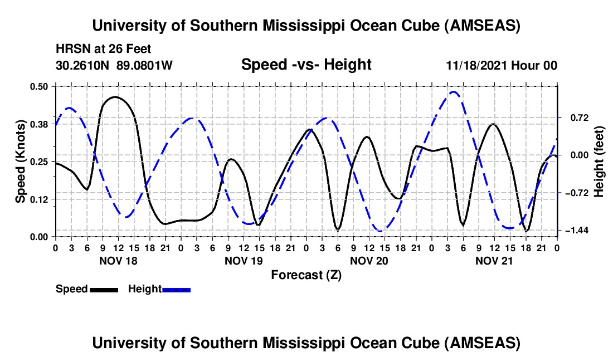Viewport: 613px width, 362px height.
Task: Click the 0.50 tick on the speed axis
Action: [x=40, y=86]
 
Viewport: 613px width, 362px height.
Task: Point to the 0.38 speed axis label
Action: [x=40, y=124]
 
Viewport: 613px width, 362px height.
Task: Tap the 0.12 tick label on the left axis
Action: [x=40, y=199]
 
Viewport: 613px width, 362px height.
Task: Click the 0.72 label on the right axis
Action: [x=576, y=118]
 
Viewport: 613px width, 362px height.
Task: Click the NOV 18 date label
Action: [x=118, y=260]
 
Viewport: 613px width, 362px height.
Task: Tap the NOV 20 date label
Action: [x=368, y=260]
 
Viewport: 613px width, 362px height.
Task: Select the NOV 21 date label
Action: [x=494, y=260]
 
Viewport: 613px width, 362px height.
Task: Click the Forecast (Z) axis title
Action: [x=306, y=275]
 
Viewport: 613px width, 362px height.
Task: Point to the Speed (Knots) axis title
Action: [x=21, y=161]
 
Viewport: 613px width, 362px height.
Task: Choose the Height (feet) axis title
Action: [x=599, y=161]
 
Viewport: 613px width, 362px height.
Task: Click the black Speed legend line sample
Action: [x=103, y=290]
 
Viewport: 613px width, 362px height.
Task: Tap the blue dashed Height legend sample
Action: [x=176, y=290]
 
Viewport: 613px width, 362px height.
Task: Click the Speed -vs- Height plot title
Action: [x=306, y=65]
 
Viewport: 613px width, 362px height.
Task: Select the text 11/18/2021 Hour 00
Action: [x=502, y=66]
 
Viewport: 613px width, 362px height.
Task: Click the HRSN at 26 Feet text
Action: [x=103, y=49]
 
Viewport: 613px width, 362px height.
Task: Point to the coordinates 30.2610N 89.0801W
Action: [x=114, y=66]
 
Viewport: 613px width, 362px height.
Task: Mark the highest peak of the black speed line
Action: [x=115, y=97]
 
